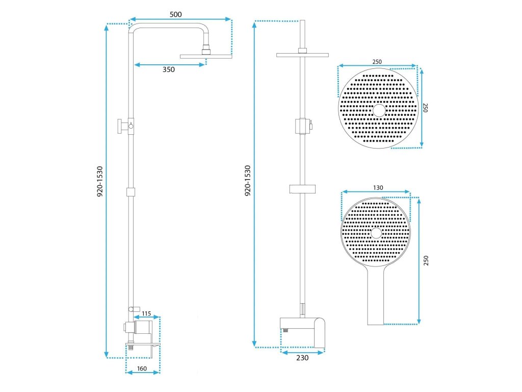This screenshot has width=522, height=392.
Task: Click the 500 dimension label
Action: click(x=176, y=14)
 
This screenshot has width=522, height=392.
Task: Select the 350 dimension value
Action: click(x=169, y=70)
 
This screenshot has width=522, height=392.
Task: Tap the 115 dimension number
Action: click(x=146, y=313)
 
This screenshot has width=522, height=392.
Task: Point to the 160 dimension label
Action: click(x=142, y=369)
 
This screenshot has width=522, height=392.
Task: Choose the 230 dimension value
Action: click(x=302, y=358)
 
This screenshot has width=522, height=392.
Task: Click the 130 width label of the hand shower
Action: click(x=378, y=187)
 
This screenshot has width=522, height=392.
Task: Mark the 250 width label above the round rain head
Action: click(x=377, y=62)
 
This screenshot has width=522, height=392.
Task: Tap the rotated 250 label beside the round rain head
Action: click(x=424, y=108)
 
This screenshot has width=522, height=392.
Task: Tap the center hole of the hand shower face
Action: click(x=376, y=233)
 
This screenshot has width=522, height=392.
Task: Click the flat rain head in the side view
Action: click(x=206, y=56)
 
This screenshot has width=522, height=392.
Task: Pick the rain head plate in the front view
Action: click(x=303, y=55)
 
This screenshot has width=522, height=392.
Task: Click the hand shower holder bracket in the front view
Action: click(x=303, y=189)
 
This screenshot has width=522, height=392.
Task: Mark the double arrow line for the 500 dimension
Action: click(x=180, y=20)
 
